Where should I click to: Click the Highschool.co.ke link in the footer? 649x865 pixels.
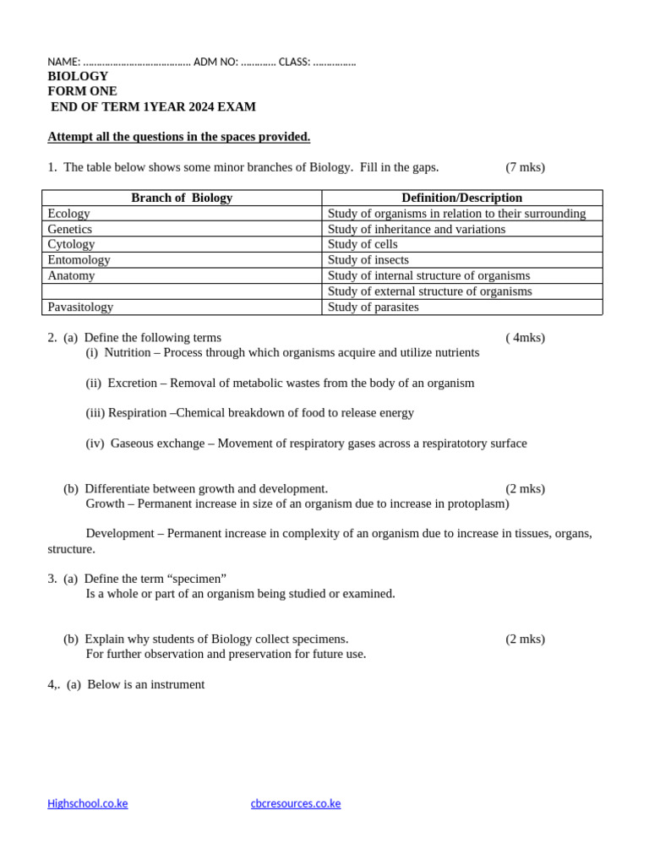(88, 803)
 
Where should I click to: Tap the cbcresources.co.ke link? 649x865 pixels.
(296, 803)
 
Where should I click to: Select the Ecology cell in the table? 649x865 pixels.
(69, 214)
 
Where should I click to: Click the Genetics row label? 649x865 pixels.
(70, 229)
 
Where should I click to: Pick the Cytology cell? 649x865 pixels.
(71, 244)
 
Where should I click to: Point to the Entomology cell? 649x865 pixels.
(79, 260)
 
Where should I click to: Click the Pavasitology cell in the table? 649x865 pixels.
(80, 307)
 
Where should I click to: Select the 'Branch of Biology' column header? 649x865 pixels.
(182, 198)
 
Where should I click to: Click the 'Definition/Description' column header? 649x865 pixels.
(461, 198)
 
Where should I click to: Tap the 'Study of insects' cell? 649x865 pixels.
(368, 260)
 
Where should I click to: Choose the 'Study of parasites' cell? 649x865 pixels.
(374, 307)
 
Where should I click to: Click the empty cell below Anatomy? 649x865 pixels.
(182, 291)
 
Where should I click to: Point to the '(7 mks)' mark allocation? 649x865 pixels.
(525, 167)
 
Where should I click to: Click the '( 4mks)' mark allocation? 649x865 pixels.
(525, 338)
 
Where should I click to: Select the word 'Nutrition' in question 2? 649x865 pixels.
(128, 352)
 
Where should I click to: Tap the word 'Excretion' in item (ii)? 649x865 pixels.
(133, 383)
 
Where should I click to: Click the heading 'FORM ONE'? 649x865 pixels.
(82, 91)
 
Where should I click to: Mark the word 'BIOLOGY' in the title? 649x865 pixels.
(78, 76)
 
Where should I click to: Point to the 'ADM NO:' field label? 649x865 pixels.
(215, 62)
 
